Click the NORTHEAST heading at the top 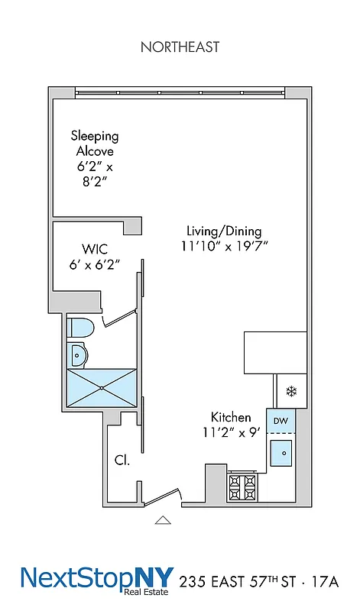point(180,47)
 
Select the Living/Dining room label point(224,231)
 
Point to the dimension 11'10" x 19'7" point(224,246)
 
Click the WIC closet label point(93,249)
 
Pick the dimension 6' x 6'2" point(95,265)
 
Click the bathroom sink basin point(78,354)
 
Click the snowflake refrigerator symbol point(290,392)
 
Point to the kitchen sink point(283,452)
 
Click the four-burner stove point(244,484)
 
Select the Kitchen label point(231,417)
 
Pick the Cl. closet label point(122,461)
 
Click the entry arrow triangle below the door point(162,521)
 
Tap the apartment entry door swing point(161,497)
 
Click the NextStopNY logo point(97,580)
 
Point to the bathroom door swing point(119,316)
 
